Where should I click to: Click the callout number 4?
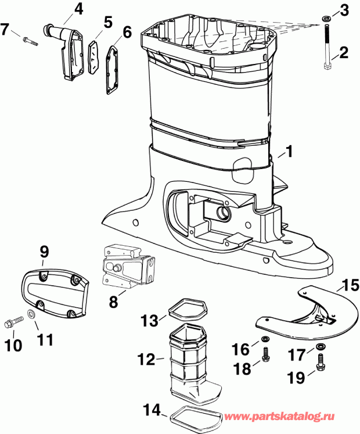pos(78,9)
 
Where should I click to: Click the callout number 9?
pos(44,252)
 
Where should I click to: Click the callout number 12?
pos(147,360)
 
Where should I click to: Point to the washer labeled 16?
pos(265,339)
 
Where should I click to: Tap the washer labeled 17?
pos(320,347)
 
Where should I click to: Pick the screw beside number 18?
pos(265,354)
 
